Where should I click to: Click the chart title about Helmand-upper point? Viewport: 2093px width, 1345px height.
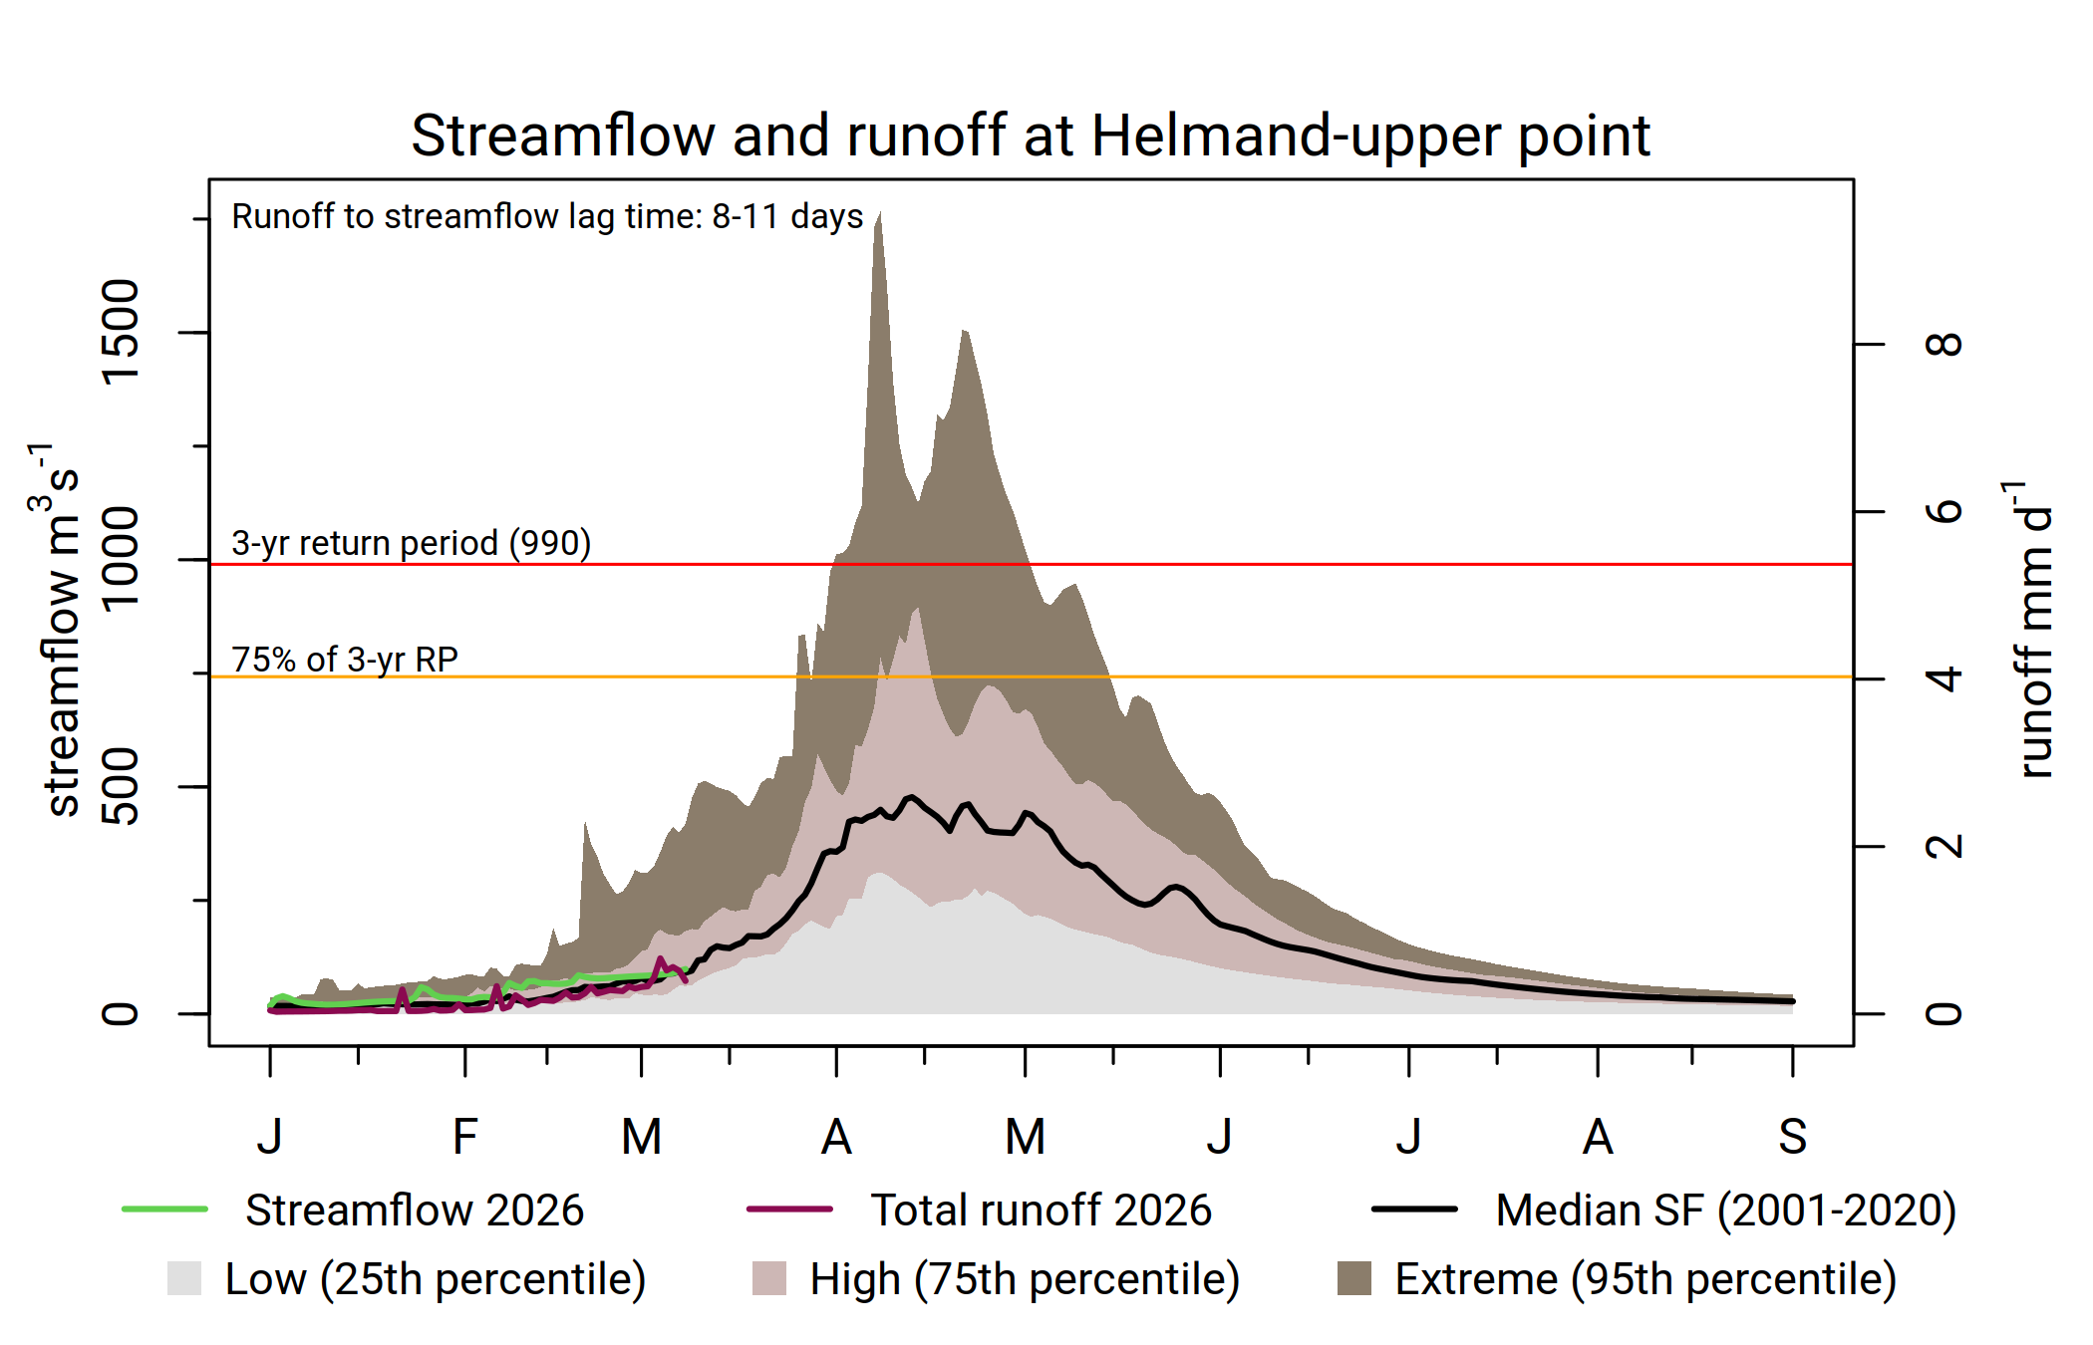(1031, 135)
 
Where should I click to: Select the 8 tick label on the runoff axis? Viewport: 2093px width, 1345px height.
(1944, 345)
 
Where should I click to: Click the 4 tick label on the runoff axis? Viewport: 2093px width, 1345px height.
(1944, 679)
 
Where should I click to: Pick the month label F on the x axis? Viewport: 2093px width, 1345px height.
(464, 1137)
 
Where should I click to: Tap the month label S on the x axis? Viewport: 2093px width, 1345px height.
(1792, 1137)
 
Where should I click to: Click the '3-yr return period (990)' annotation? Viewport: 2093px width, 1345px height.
(411, 543)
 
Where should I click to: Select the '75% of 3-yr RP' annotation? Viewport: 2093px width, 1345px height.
(345, 660)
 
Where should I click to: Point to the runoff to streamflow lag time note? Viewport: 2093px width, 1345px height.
(547, 216)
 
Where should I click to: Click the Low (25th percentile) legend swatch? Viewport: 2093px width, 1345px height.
(184, 1278)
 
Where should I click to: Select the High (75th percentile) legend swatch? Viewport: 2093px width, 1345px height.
(769, 1278)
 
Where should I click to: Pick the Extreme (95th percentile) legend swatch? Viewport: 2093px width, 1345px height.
(1353, 1278)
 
